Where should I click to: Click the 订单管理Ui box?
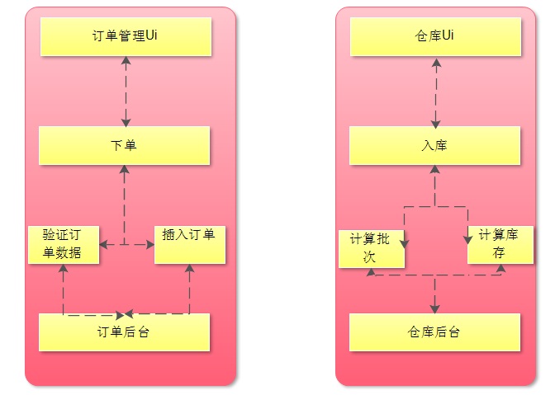tap(126, 36)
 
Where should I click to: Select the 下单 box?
tap(124, 145)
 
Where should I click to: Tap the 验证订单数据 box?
tap(64, 244)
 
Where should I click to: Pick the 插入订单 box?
tap(190, 244)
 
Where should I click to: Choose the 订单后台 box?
tap(124, 332)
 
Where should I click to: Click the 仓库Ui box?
tap(436, 36)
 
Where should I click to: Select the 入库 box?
tap(434, 145)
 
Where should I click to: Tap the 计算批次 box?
tap(372, 249)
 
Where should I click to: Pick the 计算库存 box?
tap(500, 244)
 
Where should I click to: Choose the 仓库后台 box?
tap(434, 332)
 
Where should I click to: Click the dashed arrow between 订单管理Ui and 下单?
tap(126, 92)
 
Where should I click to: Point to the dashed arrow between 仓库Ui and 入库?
tap(436, 93)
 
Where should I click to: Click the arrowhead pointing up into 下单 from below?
tap(124, 169)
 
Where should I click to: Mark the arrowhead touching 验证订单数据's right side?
tap(104, 244)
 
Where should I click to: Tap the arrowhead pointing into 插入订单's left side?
tap(150, 244)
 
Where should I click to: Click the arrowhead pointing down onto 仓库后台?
tap(434, 309)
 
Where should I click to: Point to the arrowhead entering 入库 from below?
tap(434, 169)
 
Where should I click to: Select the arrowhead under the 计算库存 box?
tap(500, 268)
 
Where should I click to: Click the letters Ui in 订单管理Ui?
tap(151, 35)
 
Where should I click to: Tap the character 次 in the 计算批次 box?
tap(369, 256)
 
